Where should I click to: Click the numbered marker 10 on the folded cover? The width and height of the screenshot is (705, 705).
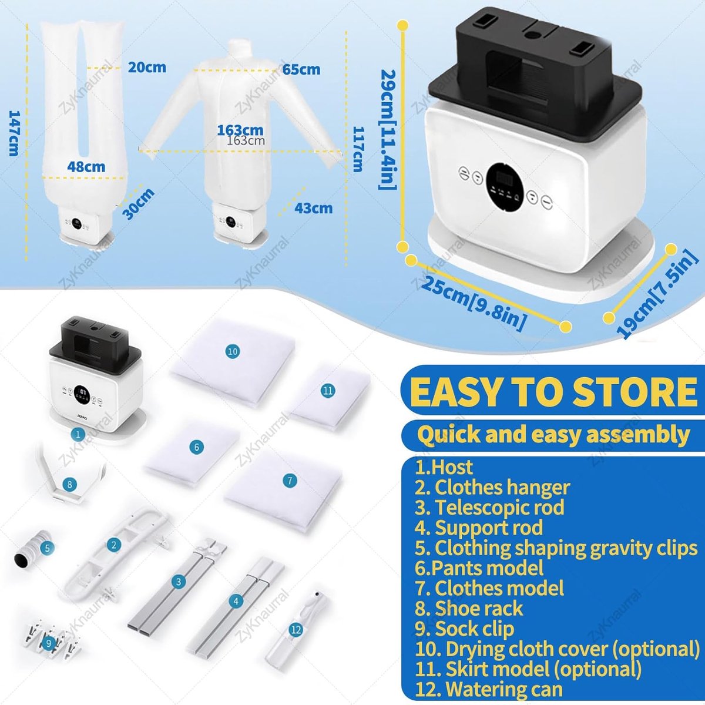point(233,351)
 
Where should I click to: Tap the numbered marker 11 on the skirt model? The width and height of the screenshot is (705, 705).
point(327,391)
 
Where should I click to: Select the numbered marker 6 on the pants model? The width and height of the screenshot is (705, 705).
point(196,446)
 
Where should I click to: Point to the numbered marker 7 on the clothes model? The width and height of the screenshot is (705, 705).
point(290,481)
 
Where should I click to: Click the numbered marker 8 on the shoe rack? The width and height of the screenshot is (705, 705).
point(69,485)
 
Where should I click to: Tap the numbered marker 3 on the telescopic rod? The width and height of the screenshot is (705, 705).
point(179,582)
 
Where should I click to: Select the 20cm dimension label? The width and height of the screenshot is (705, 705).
point(147,68)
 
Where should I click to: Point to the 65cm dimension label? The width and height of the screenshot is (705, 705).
point(301,69)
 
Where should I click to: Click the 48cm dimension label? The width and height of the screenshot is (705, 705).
point(86,167)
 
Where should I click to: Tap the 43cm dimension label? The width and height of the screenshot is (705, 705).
point(314,208)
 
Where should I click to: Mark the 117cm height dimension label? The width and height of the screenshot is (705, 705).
point(357,149)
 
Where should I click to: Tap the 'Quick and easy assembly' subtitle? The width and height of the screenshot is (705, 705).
point(553,435)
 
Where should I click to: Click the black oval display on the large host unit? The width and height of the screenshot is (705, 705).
point(505,187)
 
